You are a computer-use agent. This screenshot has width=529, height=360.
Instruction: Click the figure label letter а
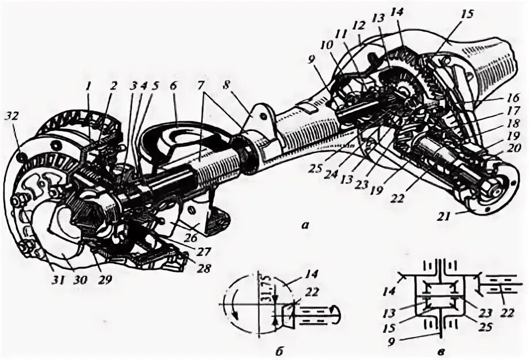(x=305, y=226)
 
